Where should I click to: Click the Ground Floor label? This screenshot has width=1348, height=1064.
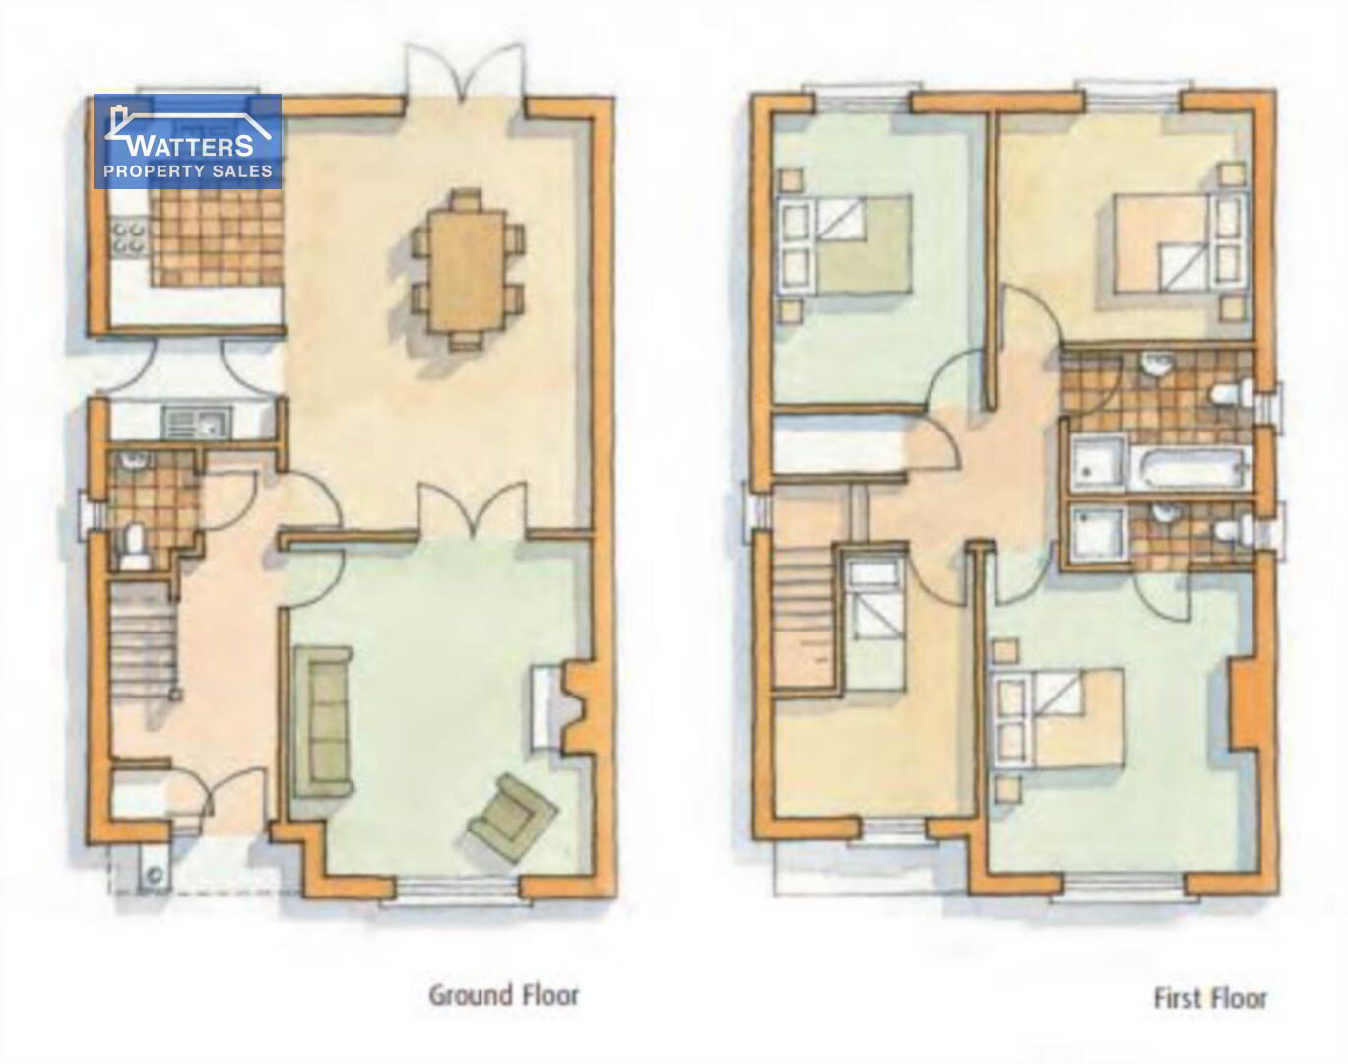pyautogui.click(x=503, y=996)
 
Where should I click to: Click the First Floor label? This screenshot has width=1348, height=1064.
pyautogui.click(x=1210, y=998)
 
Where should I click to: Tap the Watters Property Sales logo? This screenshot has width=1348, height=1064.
pyautogui.click(x=187, y=141)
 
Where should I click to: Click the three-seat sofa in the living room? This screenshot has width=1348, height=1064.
pyautogui.click(x=322, y=722)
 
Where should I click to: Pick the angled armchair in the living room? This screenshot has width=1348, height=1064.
pyautogui.click(x=513, y=819)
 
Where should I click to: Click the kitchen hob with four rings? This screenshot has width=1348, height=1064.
pyautogui.click(x=130, y=237)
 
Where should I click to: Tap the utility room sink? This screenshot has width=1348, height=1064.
pyautogui.click(x=197, y=422)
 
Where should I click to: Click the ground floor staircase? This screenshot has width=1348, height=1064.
pyautogui.click(x=144, y=639)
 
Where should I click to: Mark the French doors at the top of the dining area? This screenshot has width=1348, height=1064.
pyautogui.click(x=464, y=74)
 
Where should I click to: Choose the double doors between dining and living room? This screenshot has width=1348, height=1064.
pyautogui.click(x=473, y=508)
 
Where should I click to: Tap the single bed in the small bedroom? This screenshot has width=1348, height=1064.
pyautogui.click(x=874, y=624)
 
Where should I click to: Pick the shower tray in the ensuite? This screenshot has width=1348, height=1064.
pyautogui.click(x=1099, y=532)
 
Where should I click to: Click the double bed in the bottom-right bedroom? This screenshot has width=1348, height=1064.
pyautogui.click(x=1058, y=718)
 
